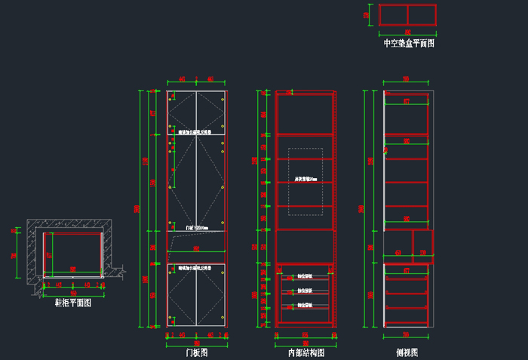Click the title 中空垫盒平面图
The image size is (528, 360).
(x=408, y=44)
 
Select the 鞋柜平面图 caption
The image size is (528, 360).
(x=72, y=303)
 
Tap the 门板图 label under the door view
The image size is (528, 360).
(x=196, y=352)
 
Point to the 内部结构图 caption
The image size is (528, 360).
(x=305, y=352)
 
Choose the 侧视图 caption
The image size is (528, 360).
(x=407, y=352)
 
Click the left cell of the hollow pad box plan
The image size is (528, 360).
(x=393, y=15)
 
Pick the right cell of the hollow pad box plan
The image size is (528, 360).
(x=422, y=15)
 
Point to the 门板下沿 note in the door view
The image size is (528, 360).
(x=195, y=226)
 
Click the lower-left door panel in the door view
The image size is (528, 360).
(x=182, y=295)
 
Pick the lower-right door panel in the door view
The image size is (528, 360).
(x=210, y=295)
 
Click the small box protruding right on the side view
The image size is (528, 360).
(x=423, y=242)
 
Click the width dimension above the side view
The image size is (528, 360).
(x=406, y=79)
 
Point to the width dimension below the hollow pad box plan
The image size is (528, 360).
(x=408, y=32)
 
